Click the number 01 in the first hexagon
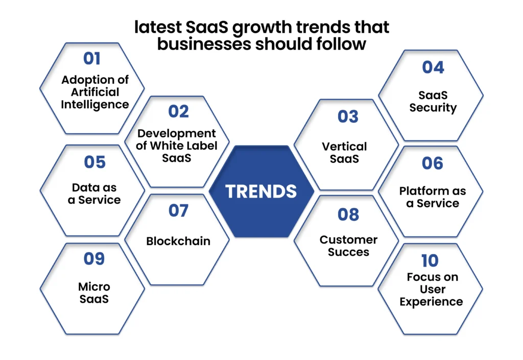[92, 59]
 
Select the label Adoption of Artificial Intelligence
[94, 92]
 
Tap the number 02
[178, 111]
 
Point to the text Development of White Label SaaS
[177, 146]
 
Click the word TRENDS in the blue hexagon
[261, 191]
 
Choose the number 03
[348, 116]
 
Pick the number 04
[433, 67]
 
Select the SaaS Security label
[433, 101]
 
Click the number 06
[432, 163]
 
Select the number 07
[178, 210]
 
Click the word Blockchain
[178, 241]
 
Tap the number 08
[348, 214]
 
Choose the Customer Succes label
[348, 246]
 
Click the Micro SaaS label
[94, 293]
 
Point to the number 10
[430, 261]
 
